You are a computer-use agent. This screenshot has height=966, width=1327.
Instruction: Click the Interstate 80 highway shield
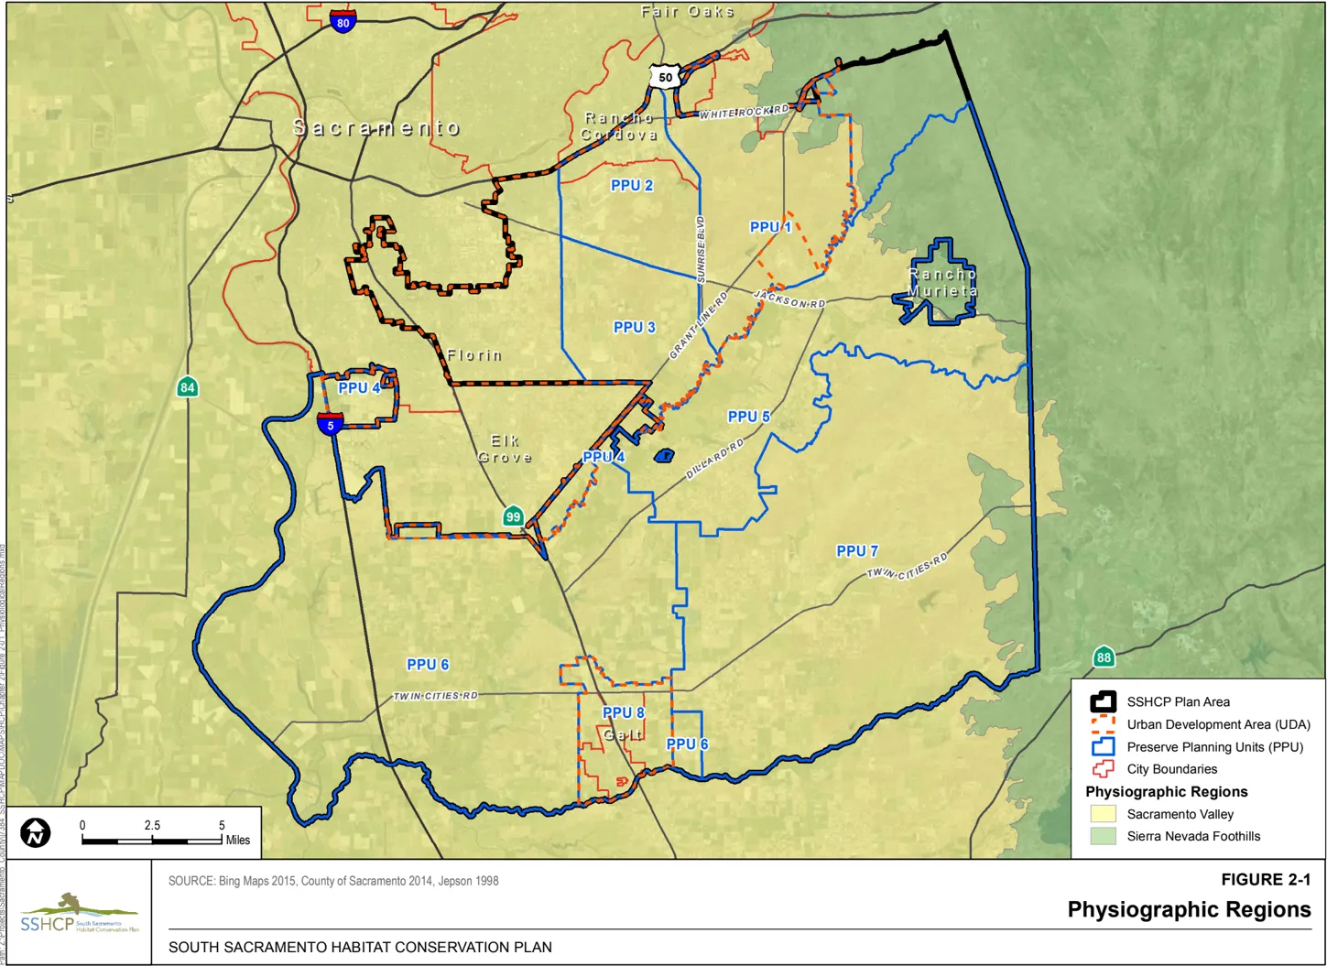pos(343,22)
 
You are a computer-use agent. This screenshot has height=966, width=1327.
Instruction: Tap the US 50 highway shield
pos(665,77)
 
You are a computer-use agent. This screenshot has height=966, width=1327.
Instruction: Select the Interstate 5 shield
pos(331,424)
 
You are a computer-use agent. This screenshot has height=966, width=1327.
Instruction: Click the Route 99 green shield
pos(513,516)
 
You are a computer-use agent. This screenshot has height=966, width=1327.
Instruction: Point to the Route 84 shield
pos(187,387)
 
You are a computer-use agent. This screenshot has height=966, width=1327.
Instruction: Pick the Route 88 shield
pos(1104,657)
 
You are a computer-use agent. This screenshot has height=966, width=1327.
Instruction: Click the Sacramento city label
pos(376,128)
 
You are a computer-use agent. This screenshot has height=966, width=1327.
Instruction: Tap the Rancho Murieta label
pos(942,282)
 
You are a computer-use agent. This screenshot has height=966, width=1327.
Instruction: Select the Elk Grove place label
pos(505,449)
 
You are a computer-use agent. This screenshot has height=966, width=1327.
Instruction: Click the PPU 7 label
pos(857,550)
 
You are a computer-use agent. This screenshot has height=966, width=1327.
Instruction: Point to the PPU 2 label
pos(632,185)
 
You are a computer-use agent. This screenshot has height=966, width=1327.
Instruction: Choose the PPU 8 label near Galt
pos(623,712)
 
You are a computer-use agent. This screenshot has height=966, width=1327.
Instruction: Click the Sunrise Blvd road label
pos(702,248)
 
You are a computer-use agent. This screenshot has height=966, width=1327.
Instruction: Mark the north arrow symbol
pos(36,832)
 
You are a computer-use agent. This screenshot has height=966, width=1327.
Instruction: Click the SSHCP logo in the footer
pos(79,913)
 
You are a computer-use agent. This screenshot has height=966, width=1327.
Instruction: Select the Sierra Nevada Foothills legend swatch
pos(1103,836)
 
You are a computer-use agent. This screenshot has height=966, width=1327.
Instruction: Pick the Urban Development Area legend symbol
pos(1103,724)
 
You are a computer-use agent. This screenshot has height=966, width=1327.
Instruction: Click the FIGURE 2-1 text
pos(1266,879)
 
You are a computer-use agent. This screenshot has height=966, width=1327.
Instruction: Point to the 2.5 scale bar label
pos(152,825)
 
